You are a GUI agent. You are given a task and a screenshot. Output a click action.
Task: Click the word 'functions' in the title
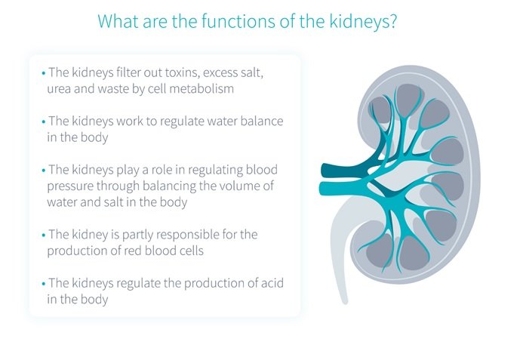(x=238, y=21)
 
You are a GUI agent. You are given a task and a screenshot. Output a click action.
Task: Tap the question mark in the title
(x=392, y=21)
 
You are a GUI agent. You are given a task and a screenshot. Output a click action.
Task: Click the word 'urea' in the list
(x=59, y=89)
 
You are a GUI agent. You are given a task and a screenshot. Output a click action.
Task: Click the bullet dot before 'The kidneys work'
(x=44, y=122)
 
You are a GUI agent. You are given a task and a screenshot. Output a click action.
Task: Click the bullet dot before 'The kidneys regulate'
(x=44, y=284)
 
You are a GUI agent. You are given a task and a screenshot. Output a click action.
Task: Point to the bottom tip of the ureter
(x=345, y=301)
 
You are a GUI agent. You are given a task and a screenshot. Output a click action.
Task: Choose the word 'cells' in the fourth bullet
(x=192, y=251)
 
